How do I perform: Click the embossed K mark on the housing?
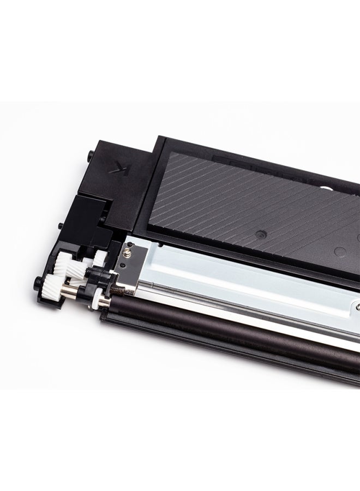119,167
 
